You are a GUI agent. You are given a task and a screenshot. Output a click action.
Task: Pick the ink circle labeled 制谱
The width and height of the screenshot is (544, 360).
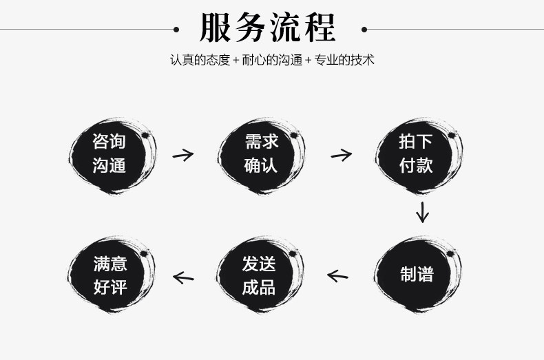click(417, 274)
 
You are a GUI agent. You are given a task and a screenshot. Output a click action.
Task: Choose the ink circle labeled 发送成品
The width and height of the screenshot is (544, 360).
click(260, 274)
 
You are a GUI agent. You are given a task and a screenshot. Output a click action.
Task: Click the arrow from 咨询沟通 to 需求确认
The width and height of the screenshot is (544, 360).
click(182, 154)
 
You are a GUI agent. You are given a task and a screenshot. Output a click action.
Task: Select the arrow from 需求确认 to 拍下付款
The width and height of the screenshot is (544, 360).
click(340, 154)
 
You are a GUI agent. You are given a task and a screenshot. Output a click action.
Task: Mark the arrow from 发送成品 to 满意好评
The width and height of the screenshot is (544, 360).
click(183, 277)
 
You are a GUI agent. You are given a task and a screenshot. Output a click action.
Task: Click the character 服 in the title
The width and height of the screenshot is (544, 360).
click(215, 29)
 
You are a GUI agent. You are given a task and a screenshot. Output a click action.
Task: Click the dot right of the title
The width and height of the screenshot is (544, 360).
click(365, 30)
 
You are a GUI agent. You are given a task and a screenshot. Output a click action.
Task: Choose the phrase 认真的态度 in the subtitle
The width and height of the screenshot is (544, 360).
click(200, 60)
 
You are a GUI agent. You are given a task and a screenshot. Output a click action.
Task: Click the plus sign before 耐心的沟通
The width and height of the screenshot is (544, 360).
click(236, 61)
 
